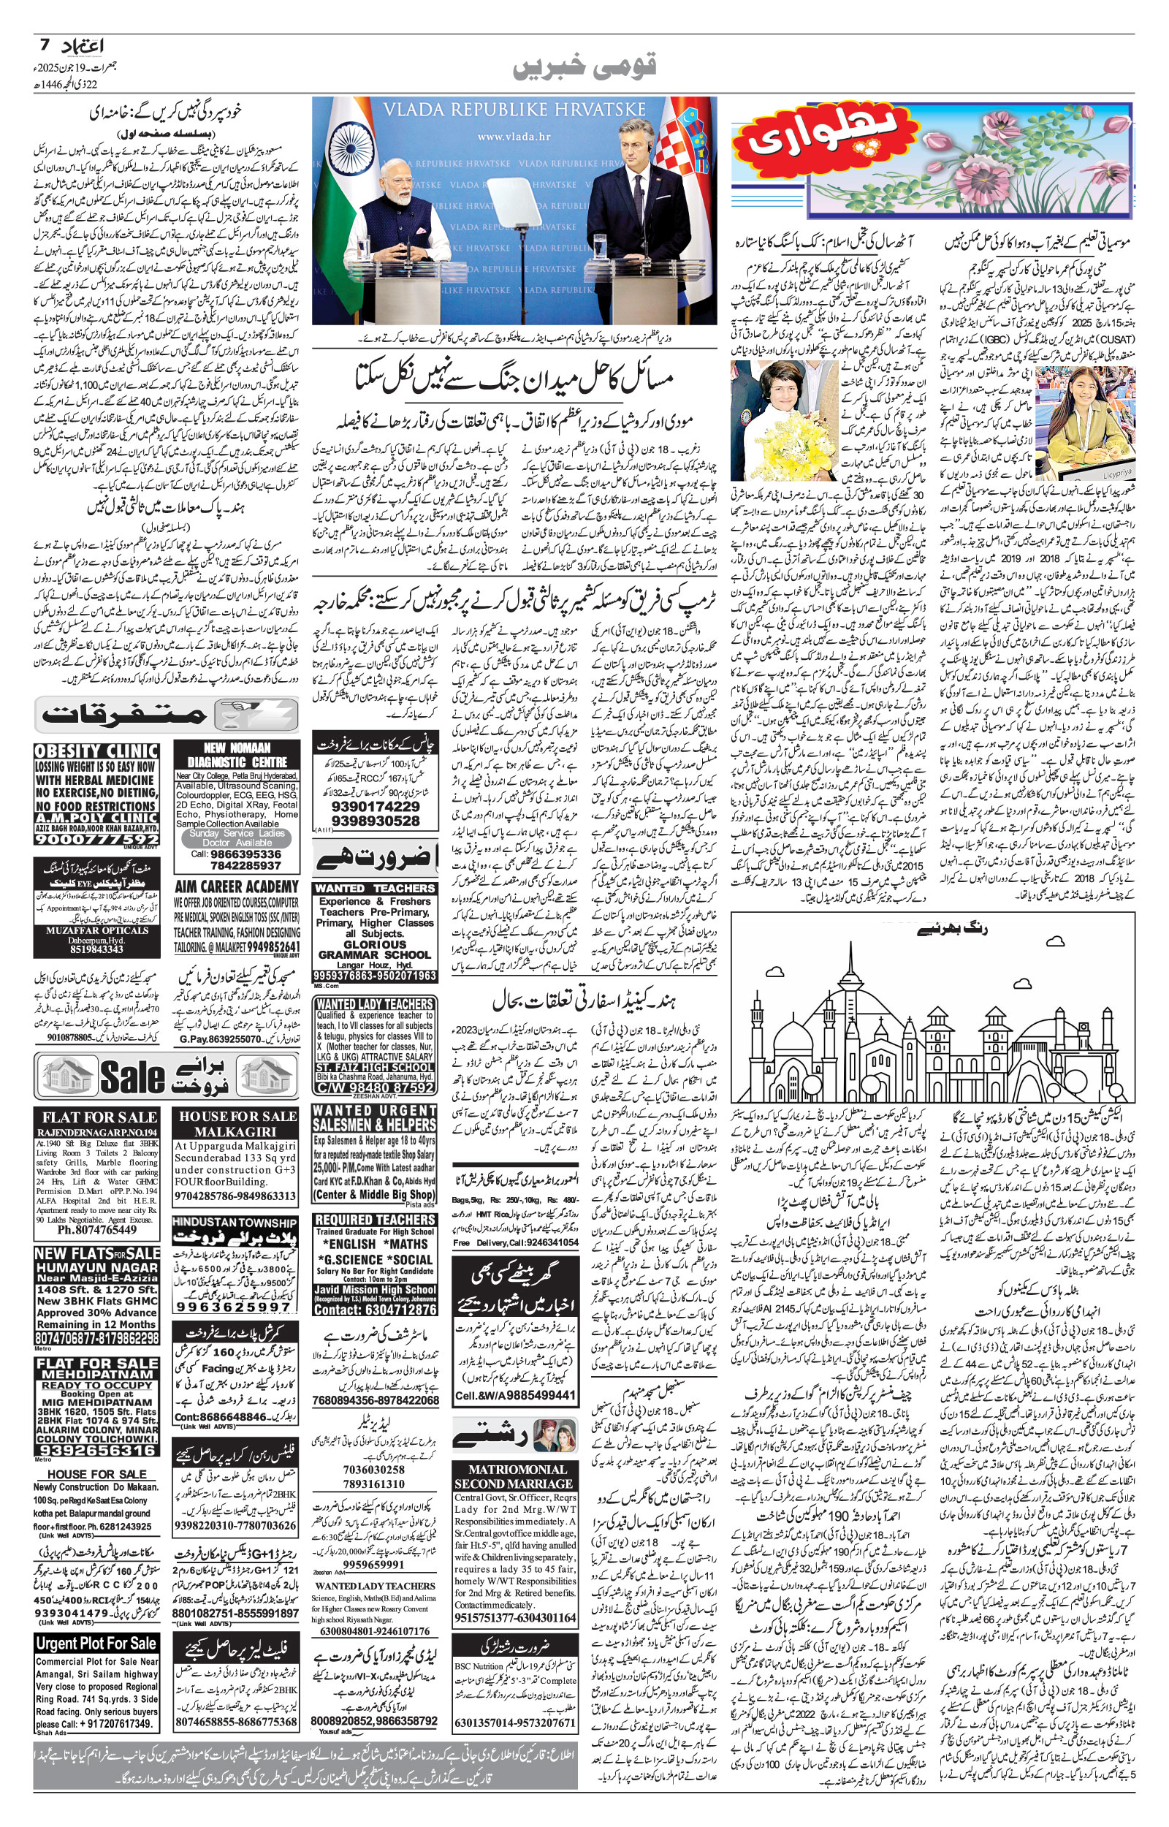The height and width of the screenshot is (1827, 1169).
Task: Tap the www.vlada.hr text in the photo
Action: click(x=514, y=137)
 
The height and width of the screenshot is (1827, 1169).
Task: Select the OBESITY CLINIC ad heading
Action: click(x=96, y=751)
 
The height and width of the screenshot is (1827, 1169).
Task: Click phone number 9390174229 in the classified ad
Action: click(x=375, y=806)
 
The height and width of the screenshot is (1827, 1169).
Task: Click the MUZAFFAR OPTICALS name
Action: click(x=97, y=930)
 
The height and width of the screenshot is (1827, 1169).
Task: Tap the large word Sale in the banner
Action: click(x=132, y=1076)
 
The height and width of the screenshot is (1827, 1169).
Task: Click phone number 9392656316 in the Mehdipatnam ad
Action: click(x=96, y=1450)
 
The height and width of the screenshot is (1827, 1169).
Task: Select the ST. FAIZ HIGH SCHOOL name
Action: click(x=375, y=1066)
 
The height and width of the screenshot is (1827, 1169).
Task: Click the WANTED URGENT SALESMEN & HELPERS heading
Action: click(x=375, y=1117)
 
